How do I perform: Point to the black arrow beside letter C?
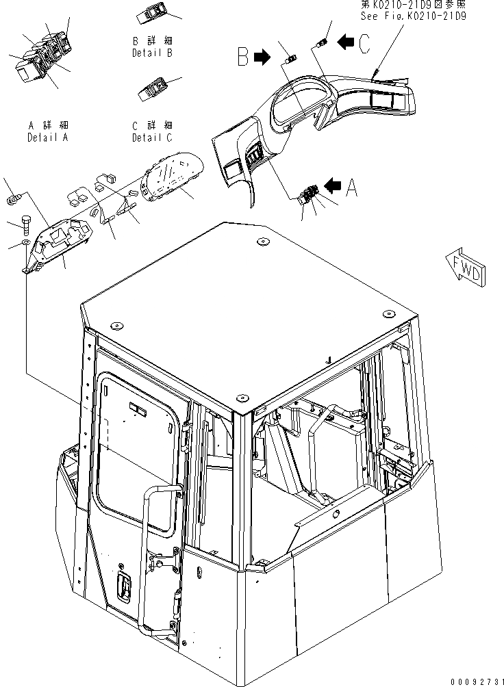[346, 42]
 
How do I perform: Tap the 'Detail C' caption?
[152, 138]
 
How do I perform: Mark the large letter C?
[364, 44]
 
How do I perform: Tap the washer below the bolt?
[25, 243]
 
